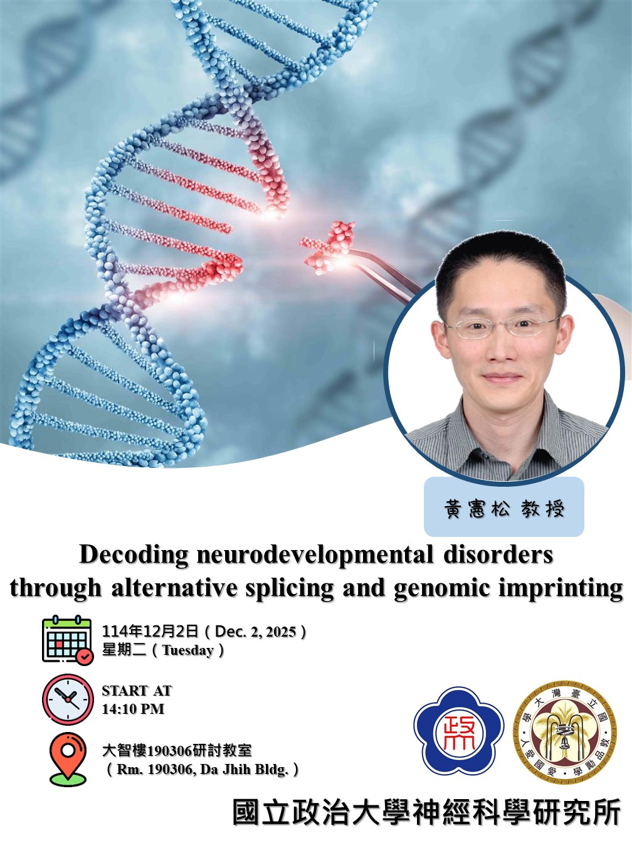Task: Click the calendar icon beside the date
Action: [67, 640]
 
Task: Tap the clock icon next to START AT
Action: [67, 699]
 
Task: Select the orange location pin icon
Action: [68, 758]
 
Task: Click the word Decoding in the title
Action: [134, 555]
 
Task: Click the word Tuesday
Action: [187, 650]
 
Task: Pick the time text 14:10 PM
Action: [133, 709]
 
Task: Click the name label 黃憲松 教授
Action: [504, 508]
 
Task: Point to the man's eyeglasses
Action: [502, 326]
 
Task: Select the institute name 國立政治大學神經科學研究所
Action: [426, 813]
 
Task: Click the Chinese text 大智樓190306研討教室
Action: [177, 750]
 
